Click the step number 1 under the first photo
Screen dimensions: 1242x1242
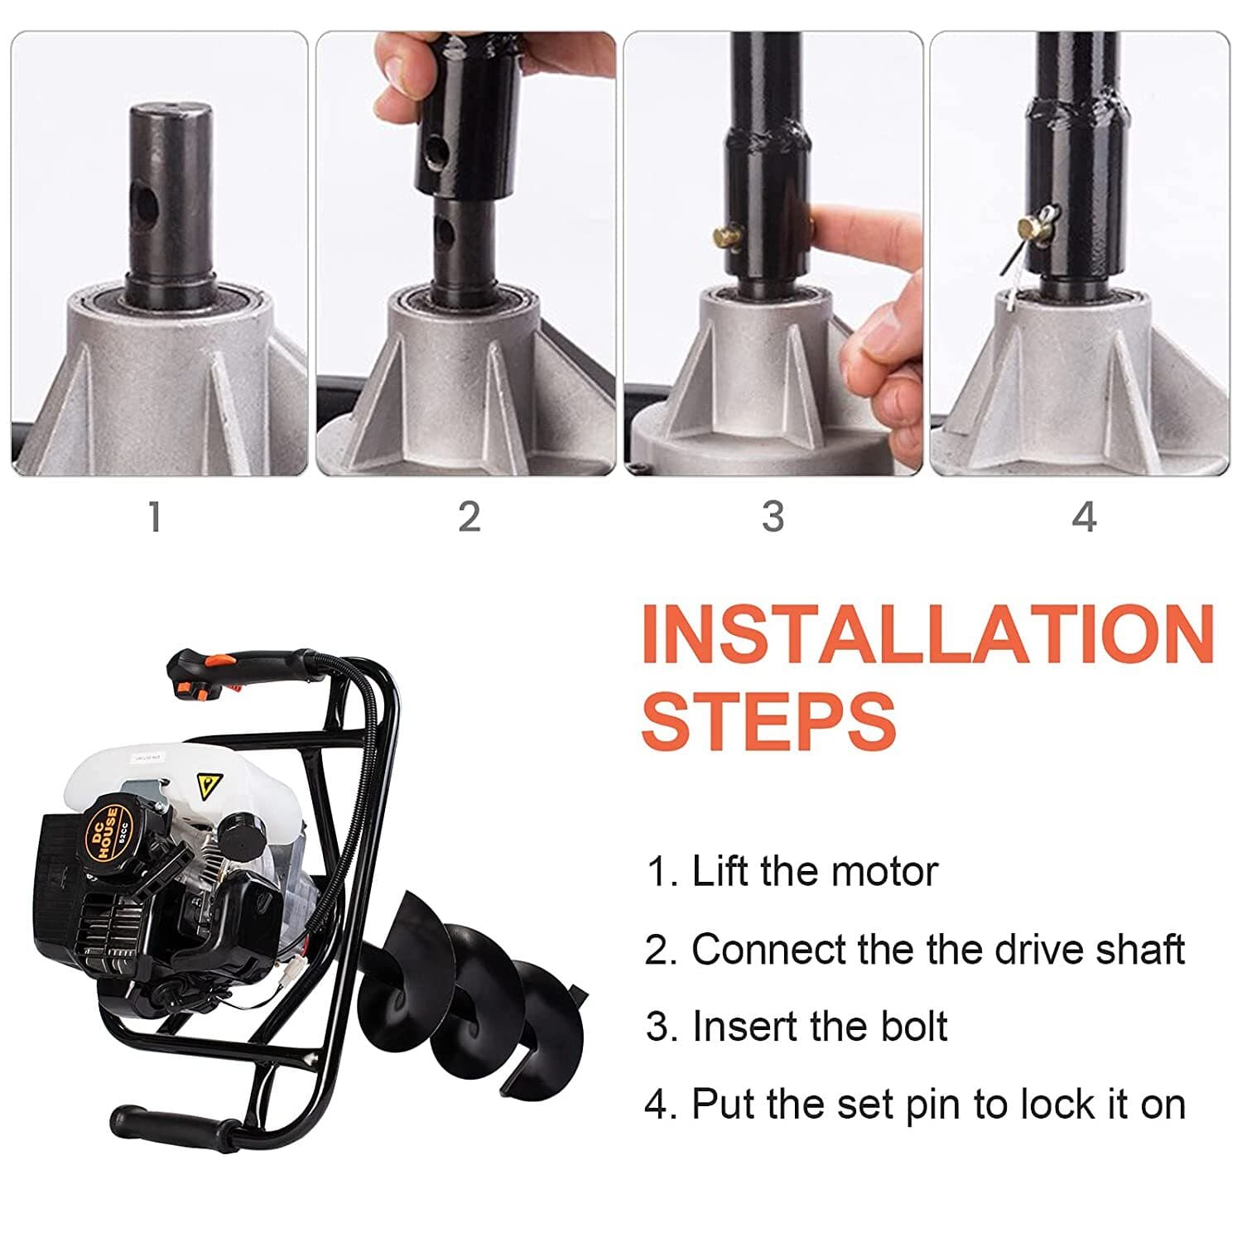pos(154,517)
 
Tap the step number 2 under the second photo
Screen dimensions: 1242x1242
pos(469,517)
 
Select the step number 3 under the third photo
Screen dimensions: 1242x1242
pos(773,517)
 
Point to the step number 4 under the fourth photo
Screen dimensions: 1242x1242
pos(1084,517)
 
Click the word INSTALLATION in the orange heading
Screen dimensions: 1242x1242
pos(927,634)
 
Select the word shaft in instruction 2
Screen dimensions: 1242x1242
pos(1140,950)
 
